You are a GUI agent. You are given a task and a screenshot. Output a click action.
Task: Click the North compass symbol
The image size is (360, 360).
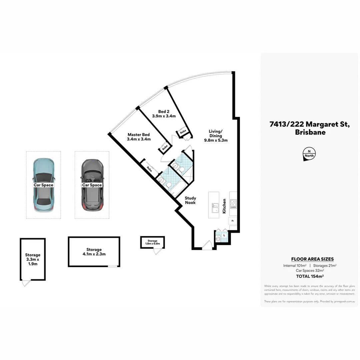pyautogui.click(x=309, y=154)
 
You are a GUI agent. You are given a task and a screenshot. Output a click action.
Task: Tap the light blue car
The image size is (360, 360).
pyautogui.click(x=44, y=185)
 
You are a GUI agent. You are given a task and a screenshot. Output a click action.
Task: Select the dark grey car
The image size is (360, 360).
pyautogui.click(x=92, y=185)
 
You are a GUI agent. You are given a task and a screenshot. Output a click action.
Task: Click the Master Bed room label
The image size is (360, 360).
pyautogui.click(x=139, y=137)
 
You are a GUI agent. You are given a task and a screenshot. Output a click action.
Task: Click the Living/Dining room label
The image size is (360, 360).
pyautogui.click(x=216, y=136)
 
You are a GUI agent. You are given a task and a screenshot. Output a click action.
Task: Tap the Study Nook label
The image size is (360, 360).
pyautogui.click(x=191, y=200)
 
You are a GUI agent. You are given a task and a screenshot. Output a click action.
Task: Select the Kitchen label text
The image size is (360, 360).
pyautogui.click(x=225, y=206)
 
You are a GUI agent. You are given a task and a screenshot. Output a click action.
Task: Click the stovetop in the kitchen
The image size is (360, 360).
pyautogui.click(x=233, y=204)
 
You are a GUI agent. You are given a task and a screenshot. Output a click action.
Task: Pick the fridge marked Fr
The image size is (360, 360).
pyautogui.click(x=233, y=220)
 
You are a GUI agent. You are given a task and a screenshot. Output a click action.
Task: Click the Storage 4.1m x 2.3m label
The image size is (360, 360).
pyautogui.click(x=94, y=252)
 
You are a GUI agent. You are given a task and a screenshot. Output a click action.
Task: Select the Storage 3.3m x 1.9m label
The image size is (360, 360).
pyautogui.click(x=32, y=259)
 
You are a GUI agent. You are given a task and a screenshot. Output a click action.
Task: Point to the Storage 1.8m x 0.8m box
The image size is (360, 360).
pyautogui.click(x=152, y=242)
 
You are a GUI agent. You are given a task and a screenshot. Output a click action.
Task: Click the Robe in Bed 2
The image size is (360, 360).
pyautogui.click(x=183, y=132)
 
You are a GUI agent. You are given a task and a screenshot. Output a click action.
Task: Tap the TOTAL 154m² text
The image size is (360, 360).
pyautogui.click(x=310, y=276)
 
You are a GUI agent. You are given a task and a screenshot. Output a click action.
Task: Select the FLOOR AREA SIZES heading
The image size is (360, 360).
pyautogui.click(x=312, y=259)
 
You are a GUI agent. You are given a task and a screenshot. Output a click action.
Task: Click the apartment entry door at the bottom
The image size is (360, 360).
pyautogui.click(x=207, y=246)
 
